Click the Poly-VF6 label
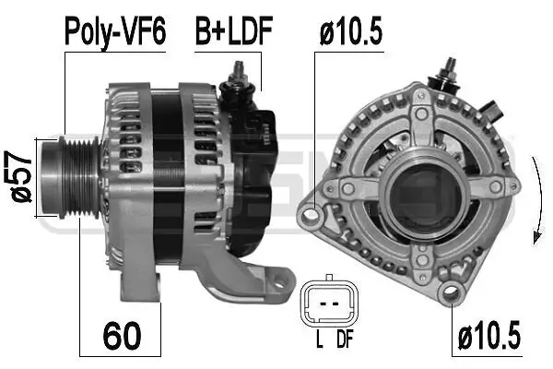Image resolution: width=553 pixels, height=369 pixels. [x=114, y=33]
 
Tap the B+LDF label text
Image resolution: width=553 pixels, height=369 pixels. [x=232, y=33]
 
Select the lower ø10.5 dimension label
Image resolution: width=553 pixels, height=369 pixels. [x=488, y=337]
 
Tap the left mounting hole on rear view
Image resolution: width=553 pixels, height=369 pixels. [x=312, y=218]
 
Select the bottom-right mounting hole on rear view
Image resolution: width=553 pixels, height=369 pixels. [x=450, y=293]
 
